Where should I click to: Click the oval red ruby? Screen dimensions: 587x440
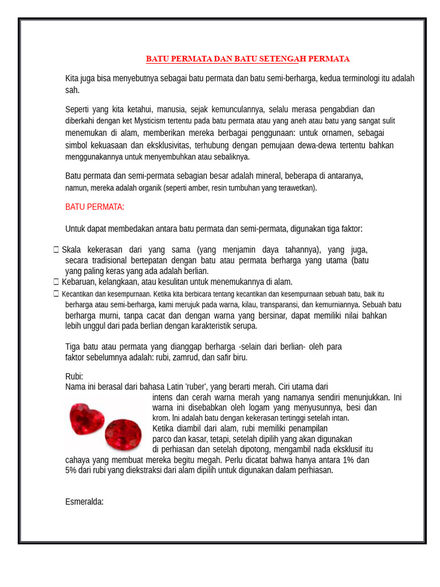pyautogui.click(x=123, y=434)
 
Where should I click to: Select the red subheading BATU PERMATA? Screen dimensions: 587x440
pyautogui.click(x=95, y=207)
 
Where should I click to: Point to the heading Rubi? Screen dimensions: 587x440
pyautogui.click(x=74, y=377)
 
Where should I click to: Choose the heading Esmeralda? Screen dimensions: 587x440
pyautogui.click(x=84, y=502)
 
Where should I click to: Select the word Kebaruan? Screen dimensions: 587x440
pyautogui.click(x=78, y=281)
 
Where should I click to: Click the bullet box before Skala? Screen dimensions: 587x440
pyautogui.click(x=56, y=250)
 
